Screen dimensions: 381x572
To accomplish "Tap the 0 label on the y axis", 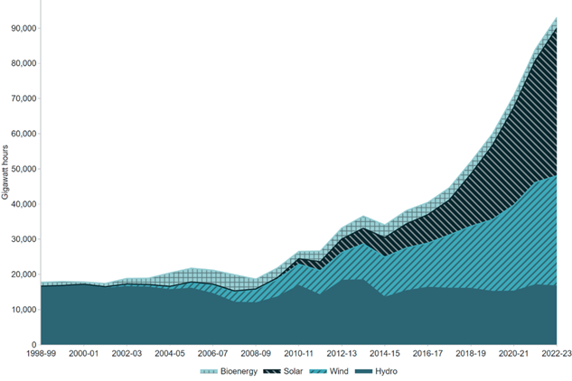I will point(34,345).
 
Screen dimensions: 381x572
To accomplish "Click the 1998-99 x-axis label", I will point(42,355).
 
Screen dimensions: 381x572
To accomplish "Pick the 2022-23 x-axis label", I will point(551,355).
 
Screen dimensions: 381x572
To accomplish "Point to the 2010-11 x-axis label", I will point(298,355).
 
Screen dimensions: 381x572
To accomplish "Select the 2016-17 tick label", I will point(427,355).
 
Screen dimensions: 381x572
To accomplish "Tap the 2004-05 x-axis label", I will point(170,355).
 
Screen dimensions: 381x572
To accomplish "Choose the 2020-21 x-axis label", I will point(512,355).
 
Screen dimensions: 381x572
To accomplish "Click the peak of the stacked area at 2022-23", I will point(556,17).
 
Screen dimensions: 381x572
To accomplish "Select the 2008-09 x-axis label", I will point(256,355).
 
